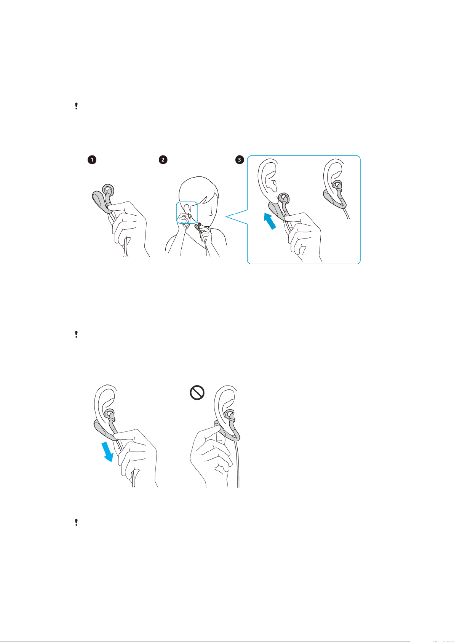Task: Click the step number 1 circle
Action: pyautogui.click(x=92, y=160)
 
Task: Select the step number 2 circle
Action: pyautogui.click(x=163, y=160)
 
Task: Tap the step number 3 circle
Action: pyautogui.click(x=240, y=160)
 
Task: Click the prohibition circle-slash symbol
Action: pyautogui.click(x=197, y=393)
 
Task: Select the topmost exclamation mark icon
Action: pyautogui.click(x=76, y=106)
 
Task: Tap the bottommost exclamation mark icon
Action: pyautogui.click(x=76, y=522)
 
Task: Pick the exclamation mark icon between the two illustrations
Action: pyautogui.click(x=76, y=335)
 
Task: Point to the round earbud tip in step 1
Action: pyautogui.click(x=108, y=189)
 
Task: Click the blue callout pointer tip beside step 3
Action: pyautogui.click(x=226, y=217)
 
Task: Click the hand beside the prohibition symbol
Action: pyautogui.click(x=211, y=457)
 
